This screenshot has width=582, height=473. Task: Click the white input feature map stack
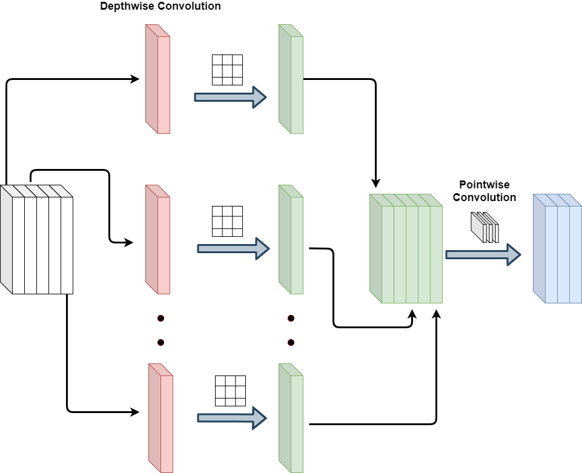pos(31,240)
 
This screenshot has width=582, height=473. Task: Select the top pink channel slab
pos(158,79)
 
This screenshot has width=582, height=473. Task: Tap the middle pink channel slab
pos(158,240)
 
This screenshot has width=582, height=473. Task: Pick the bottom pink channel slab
pos(161,418)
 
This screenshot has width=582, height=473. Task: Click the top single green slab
pos(291,79)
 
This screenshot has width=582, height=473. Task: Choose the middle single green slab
pos(291,240)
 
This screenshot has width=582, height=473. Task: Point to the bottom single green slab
pos(291,418)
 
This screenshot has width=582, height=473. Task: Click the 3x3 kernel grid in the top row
pos(227,70)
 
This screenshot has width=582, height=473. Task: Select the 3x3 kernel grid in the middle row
pos(227,221)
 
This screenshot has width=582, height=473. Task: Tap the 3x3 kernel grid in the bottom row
pos(230,391)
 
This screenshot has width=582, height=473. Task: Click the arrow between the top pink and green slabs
pos(230,97)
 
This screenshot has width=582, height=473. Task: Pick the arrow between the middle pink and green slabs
pos(233,248)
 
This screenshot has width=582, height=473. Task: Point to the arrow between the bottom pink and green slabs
pos(232,418)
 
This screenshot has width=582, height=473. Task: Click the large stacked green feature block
pos(406,249)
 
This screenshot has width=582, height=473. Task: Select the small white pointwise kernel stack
pos(485,228)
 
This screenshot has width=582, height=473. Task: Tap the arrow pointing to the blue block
pos(483,254)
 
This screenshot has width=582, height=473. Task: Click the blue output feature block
pos(558,249)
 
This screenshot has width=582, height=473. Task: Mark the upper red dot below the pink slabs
pos(160,318)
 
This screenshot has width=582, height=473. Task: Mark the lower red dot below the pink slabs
pos(160,342)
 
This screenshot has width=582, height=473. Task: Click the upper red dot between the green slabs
pos(291,318)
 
